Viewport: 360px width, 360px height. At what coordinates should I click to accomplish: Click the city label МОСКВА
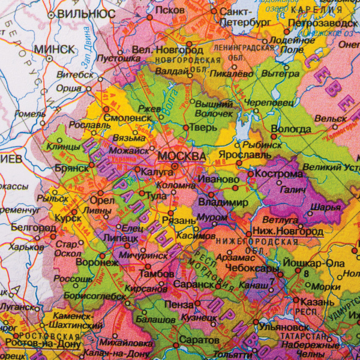[x=181, y=156]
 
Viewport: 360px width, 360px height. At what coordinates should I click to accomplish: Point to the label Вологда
[x=291, y=129]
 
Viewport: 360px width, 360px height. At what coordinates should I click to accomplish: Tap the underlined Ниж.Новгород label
[x=289, y=231]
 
